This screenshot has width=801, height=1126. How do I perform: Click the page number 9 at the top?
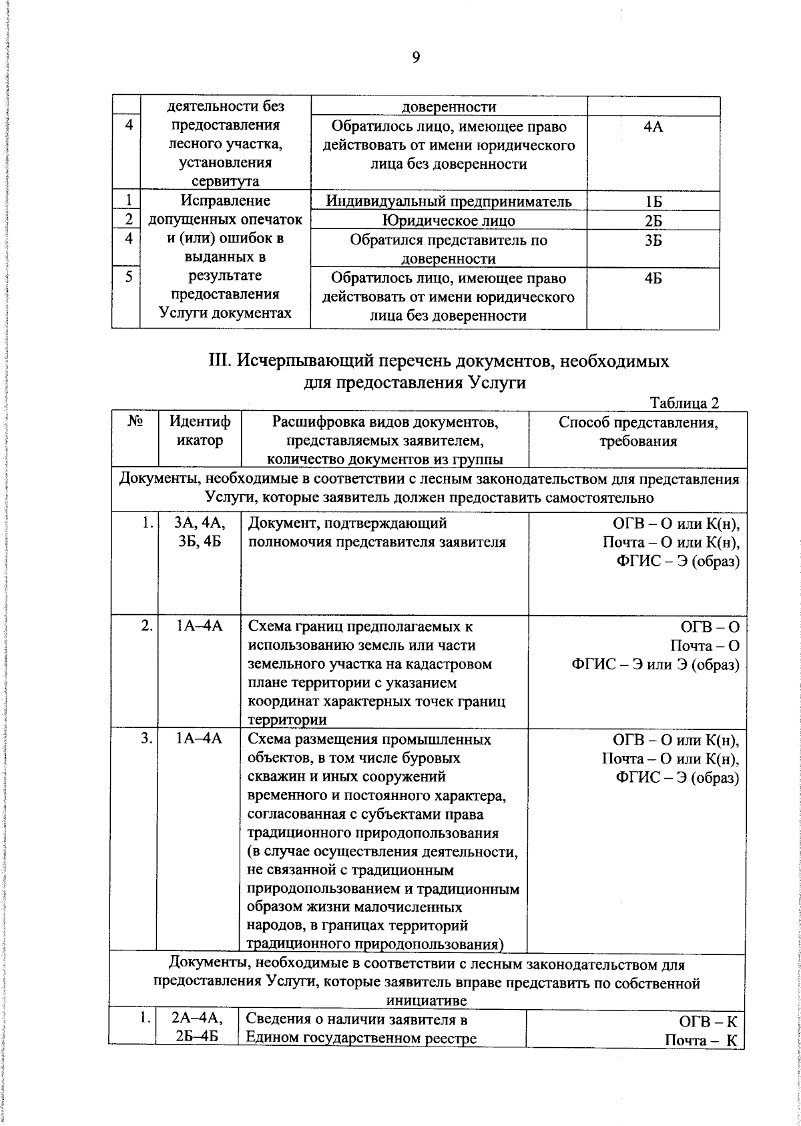coord(416,58)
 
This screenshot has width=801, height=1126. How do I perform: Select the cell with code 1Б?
coord(653,202)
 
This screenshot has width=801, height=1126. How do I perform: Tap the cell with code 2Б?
coord(653,221)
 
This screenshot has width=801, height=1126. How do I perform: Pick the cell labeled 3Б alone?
coord(653,240)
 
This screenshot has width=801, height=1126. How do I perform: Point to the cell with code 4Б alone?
coord(653,278)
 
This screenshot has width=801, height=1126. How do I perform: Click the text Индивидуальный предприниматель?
coord(449,202)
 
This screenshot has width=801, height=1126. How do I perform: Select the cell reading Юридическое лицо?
coord(449,221)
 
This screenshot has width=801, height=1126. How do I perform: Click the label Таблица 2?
coord(685,403)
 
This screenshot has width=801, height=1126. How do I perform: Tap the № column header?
coord(135,422)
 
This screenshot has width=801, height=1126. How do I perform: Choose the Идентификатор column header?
coord(200,431)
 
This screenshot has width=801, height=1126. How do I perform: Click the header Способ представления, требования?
coord(637,431)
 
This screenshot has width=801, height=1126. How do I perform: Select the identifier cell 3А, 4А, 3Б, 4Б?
coord(200,532)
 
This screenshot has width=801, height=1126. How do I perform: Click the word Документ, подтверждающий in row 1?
coord(347,524)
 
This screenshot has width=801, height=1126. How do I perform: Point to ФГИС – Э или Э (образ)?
coord(655,665)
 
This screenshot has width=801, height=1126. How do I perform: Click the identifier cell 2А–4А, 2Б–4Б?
coord(198,1047)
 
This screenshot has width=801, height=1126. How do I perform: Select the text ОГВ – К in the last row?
coord(708,1041)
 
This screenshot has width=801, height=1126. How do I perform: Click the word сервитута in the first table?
coord(225,182)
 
